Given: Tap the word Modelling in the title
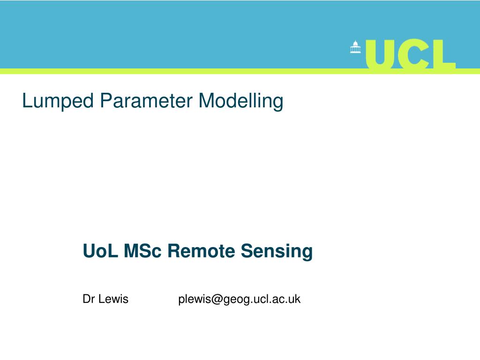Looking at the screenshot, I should (241, 101).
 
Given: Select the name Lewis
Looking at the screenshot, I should (113, 299).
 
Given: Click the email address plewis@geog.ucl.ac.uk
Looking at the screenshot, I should (239, 300).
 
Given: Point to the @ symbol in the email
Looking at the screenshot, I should (216, 300).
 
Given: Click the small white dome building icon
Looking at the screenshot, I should (355, 47).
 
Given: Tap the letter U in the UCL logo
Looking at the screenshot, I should (382, 54).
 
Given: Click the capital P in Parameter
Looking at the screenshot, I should (105, 100).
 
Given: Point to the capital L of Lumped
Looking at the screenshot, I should (26, 100).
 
